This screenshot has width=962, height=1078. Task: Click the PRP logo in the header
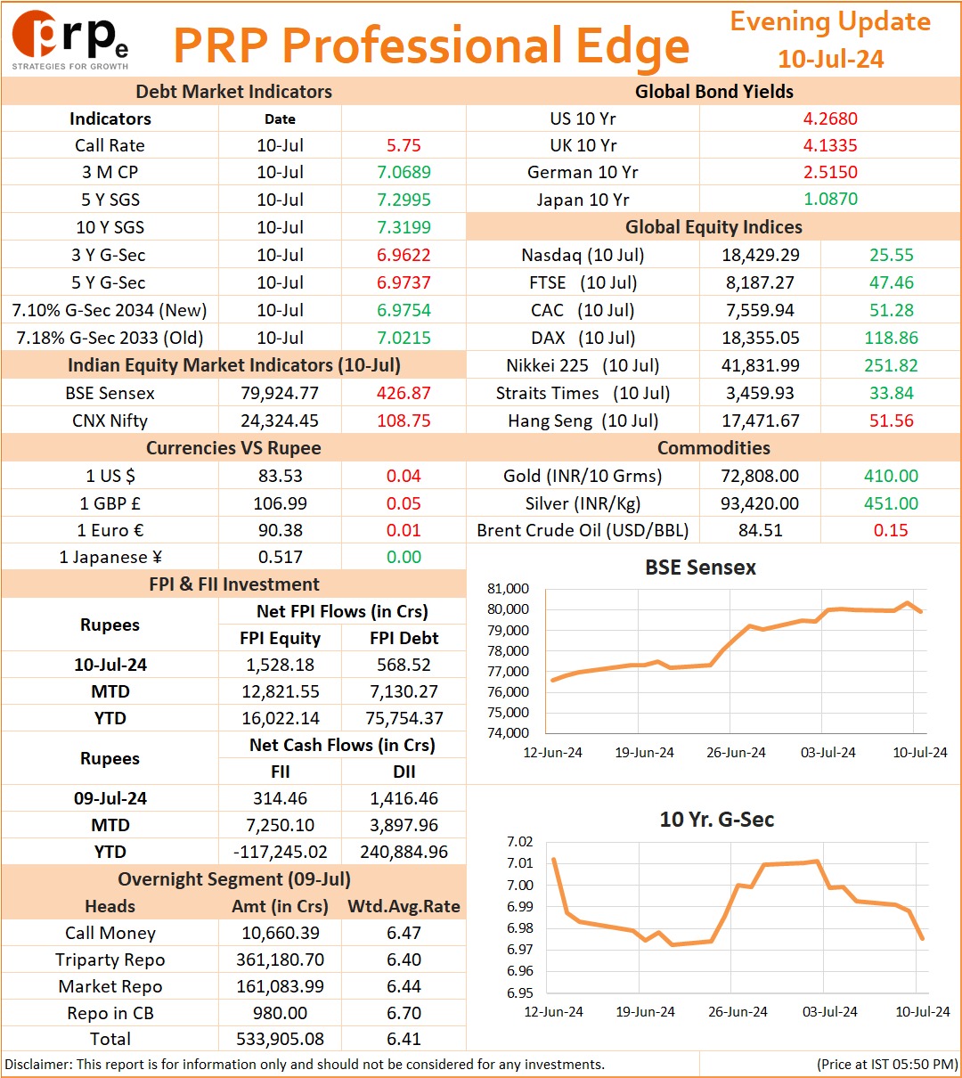tap(70, 40)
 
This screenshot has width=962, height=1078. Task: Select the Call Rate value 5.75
tap(404, 145)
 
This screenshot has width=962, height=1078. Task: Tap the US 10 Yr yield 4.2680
tap(830, 118)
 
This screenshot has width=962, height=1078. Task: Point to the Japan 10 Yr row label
tap(583, 200)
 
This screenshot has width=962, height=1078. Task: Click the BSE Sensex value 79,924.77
tap(280, 393)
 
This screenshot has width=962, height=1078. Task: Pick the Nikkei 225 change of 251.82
tap(891, 365)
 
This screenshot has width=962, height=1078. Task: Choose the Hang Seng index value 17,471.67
tap(761, 421)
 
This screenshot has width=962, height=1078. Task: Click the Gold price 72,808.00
tap(760, 476)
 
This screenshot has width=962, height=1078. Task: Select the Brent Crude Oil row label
tap(583, 530)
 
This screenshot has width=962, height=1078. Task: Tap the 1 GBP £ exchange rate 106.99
tap(280, 503)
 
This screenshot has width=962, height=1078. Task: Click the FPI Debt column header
tap(404, 638)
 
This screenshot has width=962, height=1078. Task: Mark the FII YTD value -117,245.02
tap(280, 852)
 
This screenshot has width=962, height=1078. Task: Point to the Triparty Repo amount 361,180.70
tap(280, 960)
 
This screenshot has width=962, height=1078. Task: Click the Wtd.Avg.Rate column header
tap(404, 906)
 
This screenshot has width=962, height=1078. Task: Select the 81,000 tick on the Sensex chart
tap(508, 589)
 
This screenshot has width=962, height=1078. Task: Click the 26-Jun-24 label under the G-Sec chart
tap(738, 1011)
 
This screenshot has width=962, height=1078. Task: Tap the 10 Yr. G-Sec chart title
tap(717, 820)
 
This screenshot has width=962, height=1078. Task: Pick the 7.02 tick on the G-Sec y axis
tap(520, 842)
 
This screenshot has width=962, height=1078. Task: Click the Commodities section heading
tap(713, 448)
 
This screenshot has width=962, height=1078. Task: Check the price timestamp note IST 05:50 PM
tap(887, 1064)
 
